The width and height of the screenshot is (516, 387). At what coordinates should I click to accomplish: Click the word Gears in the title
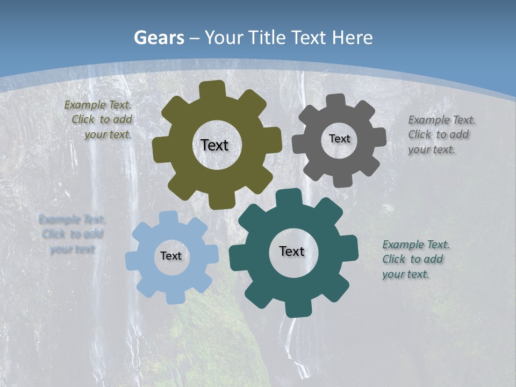(x=159, y=38)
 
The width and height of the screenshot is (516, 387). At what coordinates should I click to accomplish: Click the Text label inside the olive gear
(x=214, y=145)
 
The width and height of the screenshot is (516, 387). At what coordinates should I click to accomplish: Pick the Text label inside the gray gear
(x=339, y=139)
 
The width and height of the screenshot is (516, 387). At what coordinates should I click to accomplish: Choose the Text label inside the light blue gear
(x=171, y=256)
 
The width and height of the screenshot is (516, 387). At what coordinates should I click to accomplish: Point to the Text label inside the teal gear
(x=292, y=251)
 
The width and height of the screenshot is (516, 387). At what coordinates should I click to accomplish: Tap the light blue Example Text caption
(x=72, y=234)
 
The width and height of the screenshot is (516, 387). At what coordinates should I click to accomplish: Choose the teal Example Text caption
(x=415, y=259)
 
